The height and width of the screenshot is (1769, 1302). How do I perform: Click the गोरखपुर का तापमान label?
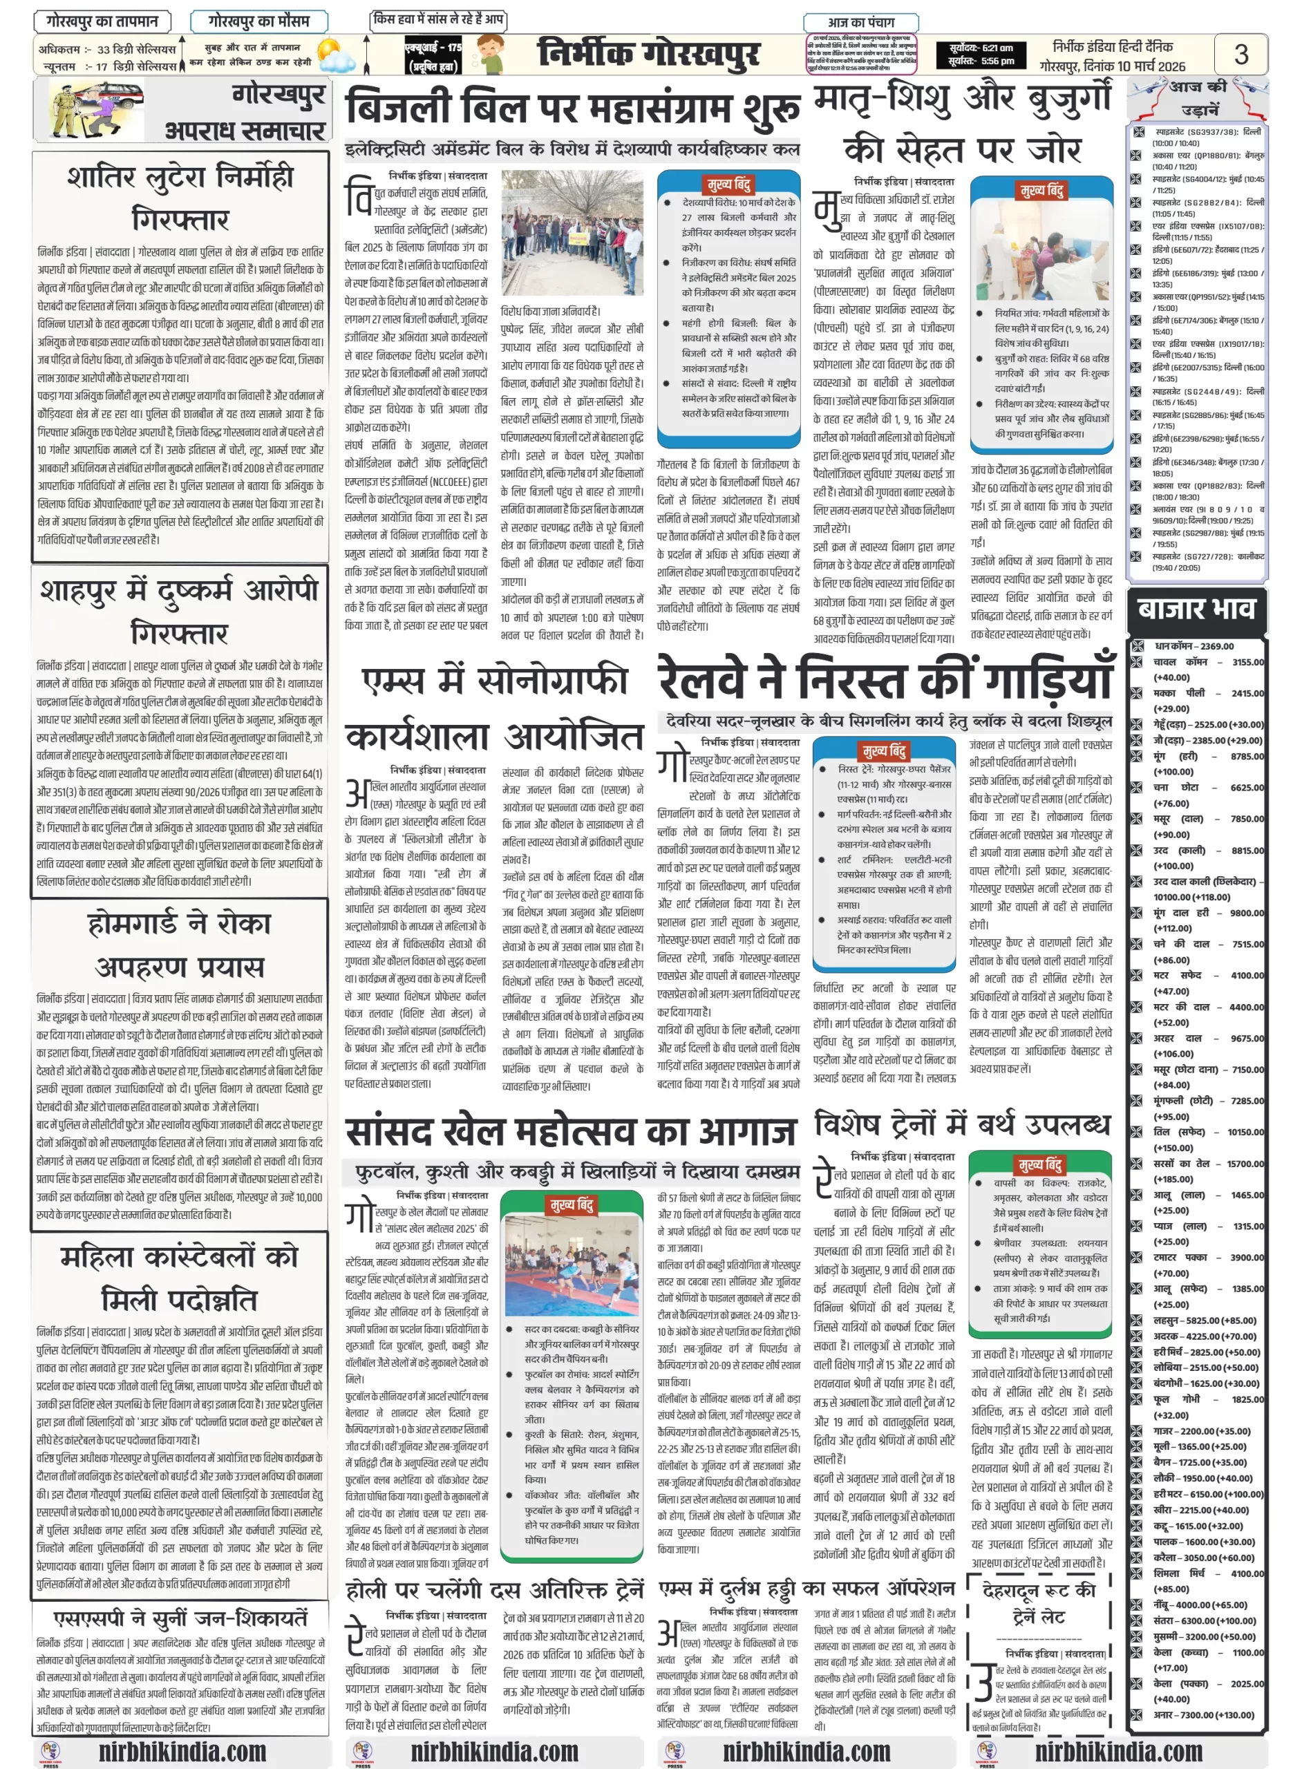click(102, 21)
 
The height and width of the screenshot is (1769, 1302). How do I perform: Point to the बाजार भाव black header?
click(1196, 609)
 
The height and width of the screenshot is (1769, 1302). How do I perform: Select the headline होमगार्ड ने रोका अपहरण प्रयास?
click(179, 945)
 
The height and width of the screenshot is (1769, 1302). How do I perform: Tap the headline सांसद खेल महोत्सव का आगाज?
click(572, 1131)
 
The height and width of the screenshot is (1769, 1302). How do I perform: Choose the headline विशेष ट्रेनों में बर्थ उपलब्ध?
click(961, 1124)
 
